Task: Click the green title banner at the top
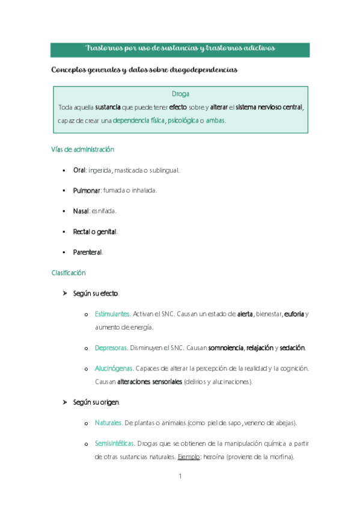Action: click(180, 49)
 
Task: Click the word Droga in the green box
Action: click(180, 94)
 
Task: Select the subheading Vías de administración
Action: click(83, 149)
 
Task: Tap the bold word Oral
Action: click(79, 170)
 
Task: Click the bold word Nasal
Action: click(81, 211)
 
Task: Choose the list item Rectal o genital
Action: click(95, 232)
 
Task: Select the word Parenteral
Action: click(88, 252)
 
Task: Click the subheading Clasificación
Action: click(68, 273)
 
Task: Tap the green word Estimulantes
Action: click(112, 314)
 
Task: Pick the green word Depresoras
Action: click(111, 348)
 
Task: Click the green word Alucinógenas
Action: click(114, 368)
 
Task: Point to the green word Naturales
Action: click(108, 423)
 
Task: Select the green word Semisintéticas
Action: click(114, 444)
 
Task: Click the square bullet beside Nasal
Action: click(63, 212)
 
